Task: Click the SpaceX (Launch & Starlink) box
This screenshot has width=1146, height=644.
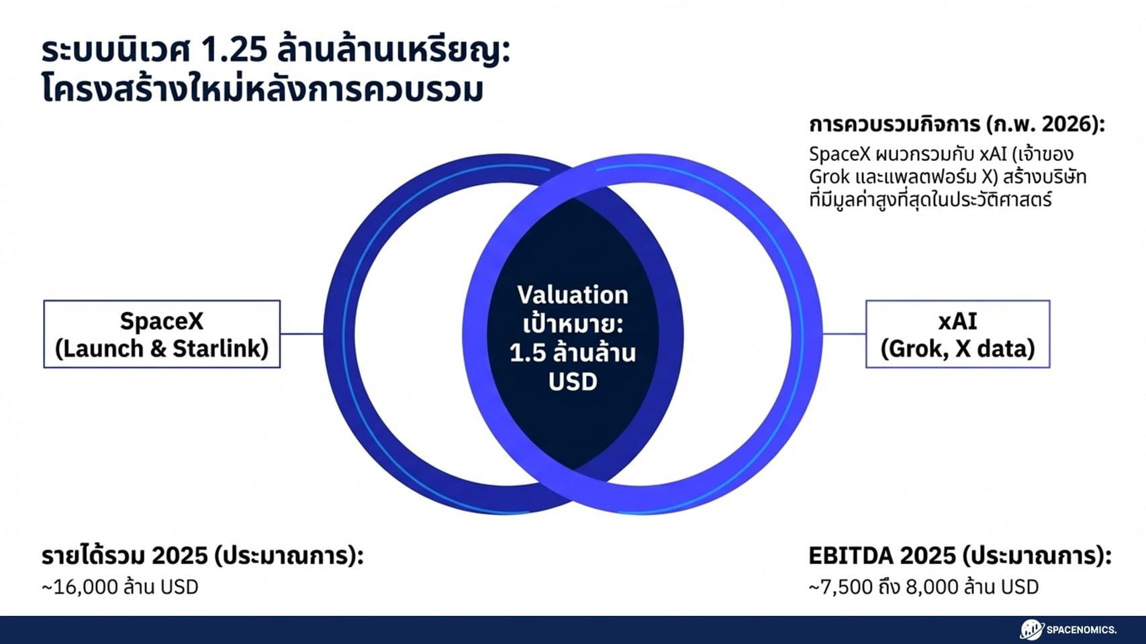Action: [162, 334]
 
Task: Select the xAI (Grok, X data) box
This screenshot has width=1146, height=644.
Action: [957, 334]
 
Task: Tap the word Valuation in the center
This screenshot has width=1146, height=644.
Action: [573, 295]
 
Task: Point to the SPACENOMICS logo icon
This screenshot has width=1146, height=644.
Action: [1032, 629]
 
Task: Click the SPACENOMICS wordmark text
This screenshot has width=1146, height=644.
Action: [1082, 630]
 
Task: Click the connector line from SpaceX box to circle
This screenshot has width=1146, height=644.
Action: [301, 333]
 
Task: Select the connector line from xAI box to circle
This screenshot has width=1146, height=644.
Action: [844, 333]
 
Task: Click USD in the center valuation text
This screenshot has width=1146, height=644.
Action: [573, 382]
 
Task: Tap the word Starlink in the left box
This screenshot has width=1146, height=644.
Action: [220, 349]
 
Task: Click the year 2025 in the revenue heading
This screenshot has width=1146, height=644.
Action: [179, 556]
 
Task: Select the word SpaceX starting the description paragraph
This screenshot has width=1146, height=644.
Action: [839, 154]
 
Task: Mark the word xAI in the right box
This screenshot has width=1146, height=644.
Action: [957, 321]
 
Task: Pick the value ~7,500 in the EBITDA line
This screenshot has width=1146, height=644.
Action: [841, 587]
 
